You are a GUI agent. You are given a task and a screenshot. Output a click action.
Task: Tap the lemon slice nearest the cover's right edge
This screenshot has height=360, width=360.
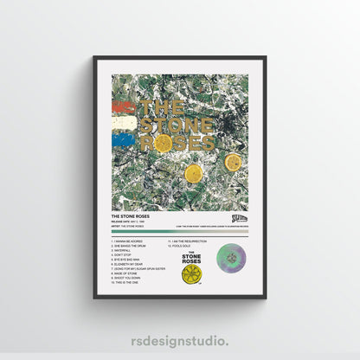pyautogui.click(x=232, y=162)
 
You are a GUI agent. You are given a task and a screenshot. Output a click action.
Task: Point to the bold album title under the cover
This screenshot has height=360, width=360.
pyautogui.click(x=130, y=217)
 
